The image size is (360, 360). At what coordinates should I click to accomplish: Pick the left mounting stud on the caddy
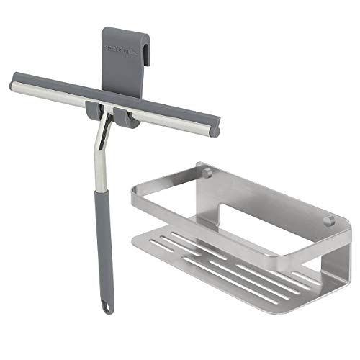coord(207,172)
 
